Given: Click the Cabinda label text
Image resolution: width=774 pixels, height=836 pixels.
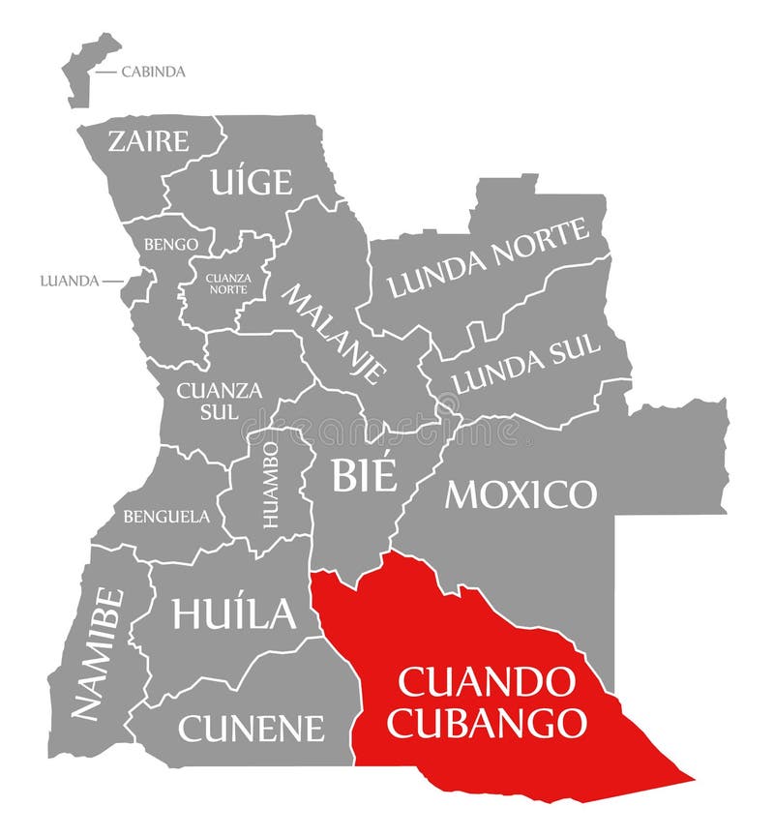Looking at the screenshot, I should click(153, 72).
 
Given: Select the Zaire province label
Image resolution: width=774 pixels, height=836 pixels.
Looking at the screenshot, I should click(148, 141).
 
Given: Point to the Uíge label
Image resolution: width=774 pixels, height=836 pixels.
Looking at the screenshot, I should click(251, 181).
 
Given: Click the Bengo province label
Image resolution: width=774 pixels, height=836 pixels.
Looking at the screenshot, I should click(170, 245).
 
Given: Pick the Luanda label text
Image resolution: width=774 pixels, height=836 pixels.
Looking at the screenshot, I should click(70, 282).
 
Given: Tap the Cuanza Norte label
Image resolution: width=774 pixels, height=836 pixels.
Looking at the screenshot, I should click(228, 284).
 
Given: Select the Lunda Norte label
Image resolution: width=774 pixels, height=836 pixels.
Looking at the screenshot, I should click(488, 258).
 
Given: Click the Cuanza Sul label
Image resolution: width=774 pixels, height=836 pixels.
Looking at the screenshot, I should click(219, 399).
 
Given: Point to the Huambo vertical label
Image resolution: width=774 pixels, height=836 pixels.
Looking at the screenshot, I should click(271, 484).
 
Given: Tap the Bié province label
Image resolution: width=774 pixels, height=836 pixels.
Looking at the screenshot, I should click(364, 475).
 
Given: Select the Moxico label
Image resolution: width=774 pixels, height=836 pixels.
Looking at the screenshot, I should click(521, 494).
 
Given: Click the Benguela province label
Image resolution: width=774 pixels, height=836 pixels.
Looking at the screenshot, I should click(165, 517).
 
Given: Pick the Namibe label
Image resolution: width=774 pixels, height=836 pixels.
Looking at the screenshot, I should click(98, 654).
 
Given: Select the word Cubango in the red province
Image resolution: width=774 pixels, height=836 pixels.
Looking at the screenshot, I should click(487, 722).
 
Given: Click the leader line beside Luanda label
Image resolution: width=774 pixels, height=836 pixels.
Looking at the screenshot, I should click(113, 282).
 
